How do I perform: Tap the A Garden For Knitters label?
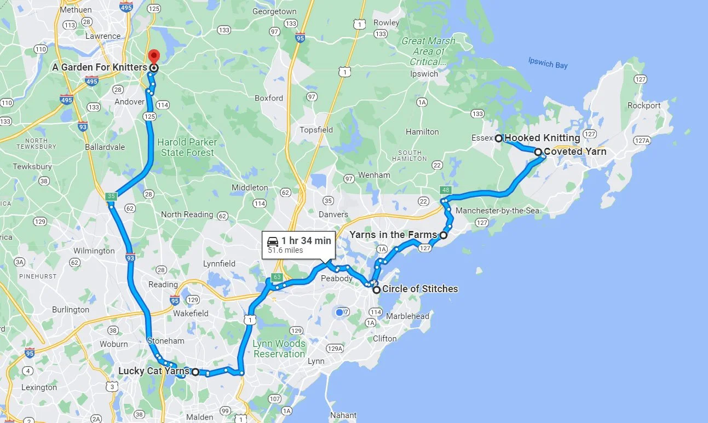tap(100, 67)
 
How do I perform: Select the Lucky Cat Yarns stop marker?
tap(195, 372)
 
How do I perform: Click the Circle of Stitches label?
tap(420, 289)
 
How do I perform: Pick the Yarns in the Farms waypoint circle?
tap(444, 235)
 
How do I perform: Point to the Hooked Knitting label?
tap(542, 138)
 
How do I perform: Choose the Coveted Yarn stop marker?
tap(538, 152)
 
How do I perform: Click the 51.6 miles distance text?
tap(285, 251)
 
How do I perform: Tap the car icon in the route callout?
tap(272, 241)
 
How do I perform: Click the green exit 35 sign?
tap(111, 196)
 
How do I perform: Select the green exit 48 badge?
tap(445, 190)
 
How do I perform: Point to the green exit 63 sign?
tap(277, 277)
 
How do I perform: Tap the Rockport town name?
tap(644, 106)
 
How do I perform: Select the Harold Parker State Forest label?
tap(187, 147)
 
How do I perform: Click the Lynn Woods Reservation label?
tap(279, 349)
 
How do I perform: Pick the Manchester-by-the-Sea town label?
tap(497, 211)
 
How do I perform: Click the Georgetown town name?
tap(275, 11)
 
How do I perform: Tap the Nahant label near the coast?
tap(343, 415)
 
